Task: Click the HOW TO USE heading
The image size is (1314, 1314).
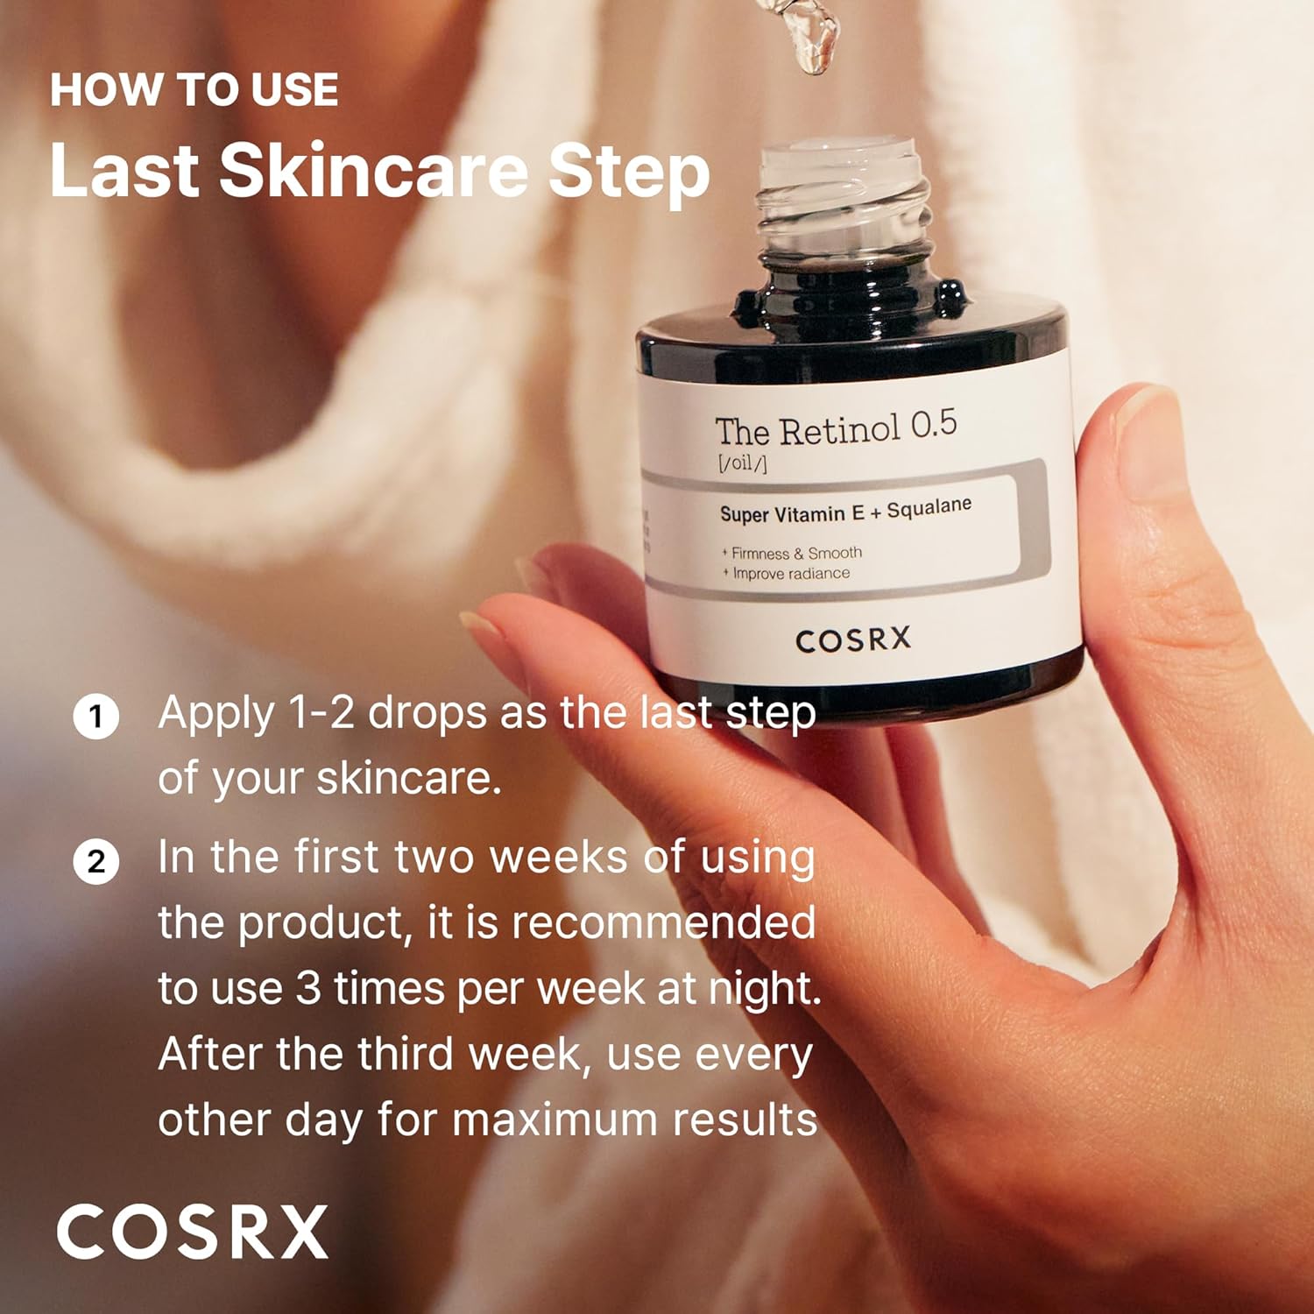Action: tap(194, 90)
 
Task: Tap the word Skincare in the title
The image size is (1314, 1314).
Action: tap(372, 170)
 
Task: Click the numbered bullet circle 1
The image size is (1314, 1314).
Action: tap(95, 717)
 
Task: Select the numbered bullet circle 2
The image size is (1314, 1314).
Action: tap(95, 861)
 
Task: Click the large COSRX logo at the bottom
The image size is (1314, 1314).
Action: tap(193, 1232)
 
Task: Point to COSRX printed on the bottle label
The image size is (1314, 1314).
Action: tap(853, 639)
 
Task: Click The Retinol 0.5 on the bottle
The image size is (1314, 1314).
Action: tap(835, 429)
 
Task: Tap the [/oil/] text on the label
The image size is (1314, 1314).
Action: tap(742, 463)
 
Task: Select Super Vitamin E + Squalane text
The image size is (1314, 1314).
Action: tap(844, 511)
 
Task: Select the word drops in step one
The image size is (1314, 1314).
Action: tap(427, 713)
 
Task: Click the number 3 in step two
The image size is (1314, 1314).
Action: tap(307, 989)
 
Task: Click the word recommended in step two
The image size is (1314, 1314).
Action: tap(663, 923)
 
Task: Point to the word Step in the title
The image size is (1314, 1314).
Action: tap(628, 172)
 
